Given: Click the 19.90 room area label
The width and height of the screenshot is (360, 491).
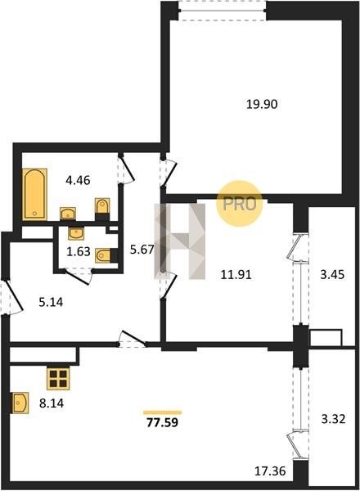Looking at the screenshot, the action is [x=262, y=104].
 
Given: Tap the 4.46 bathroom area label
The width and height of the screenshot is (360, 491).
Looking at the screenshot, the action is [x=78, y=180].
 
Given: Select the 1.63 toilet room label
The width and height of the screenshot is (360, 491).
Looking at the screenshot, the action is [x=79, y=251].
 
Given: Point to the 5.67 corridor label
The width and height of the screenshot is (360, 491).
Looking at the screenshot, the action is [x=142, y=250].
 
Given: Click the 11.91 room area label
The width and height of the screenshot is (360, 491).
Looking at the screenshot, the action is [x=236, y=275].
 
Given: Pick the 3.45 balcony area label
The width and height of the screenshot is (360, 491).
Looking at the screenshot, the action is [x=332, y=275].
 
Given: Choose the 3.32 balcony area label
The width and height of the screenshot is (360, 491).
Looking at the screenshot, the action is [x=333, y=419].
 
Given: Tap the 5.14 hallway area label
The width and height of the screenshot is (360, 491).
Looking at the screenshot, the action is [x=51, y=302].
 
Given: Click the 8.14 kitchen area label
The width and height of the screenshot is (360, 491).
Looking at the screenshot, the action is [x=52, y=403].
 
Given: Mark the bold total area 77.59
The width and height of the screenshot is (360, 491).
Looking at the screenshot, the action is [x=163, y=423].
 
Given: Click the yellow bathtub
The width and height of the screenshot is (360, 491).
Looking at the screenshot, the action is [x=34, y=195].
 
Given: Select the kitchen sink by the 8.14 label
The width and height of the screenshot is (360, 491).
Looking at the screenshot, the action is [x=20, y=403].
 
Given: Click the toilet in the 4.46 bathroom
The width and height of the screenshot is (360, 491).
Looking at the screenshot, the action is [x=102, y=209].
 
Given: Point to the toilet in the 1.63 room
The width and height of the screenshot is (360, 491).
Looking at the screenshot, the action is [x=106, y=255].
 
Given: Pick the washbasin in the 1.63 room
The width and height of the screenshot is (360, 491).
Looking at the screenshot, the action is [x=76, y=233].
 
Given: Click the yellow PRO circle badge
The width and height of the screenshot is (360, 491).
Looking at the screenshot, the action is [x=240, y=204].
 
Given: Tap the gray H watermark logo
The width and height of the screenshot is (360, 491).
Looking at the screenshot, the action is [x=180, y=241].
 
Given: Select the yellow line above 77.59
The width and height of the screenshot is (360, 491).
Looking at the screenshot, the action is [x=163, y=412].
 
